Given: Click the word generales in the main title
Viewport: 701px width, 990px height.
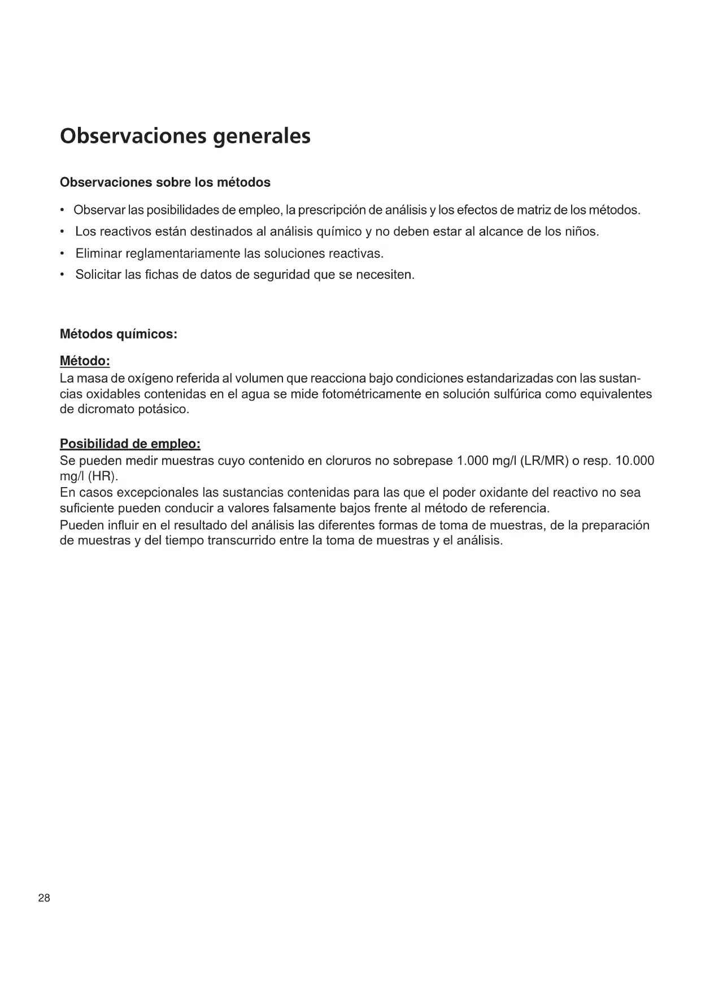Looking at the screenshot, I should [262, 137].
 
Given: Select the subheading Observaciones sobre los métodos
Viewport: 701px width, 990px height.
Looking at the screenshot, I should [165, 183].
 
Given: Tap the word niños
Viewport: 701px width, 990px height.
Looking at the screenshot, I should [581, 232].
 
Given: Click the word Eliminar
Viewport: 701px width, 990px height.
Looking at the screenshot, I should [98, 254].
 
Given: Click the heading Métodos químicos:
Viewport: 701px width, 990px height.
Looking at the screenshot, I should [119, 335].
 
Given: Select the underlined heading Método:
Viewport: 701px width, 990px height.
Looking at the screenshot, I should [85, 361].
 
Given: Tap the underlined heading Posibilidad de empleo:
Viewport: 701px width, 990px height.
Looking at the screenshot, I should [130, 444].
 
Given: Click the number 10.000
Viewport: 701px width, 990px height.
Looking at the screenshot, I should [634, 461].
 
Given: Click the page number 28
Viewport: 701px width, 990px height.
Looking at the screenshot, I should [44, 899].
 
